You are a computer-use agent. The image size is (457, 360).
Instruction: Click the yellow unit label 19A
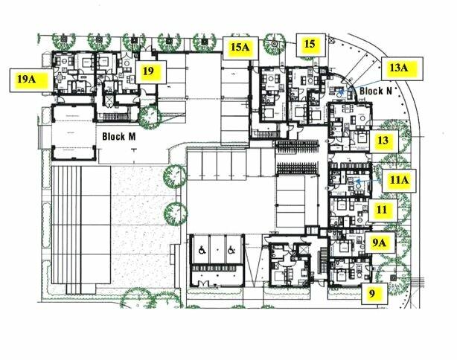point(28,80)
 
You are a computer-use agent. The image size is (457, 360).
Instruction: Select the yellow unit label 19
point(151,72)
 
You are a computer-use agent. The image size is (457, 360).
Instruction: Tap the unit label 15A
point(240,48)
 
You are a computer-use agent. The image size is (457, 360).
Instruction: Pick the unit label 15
point(311,45)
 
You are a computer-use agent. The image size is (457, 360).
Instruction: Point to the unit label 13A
point(401,68)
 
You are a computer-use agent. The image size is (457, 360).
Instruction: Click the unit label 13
point(384,141)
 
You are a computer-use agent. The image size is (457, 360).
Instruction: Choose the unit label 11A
point(399,181)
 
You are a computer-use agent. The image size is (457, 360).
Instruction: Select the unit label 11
point(383,210)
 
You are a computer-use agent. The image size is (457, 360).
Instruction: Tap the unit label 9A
point(380,242)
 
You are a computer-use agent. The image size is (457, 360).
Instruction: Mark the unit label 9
point(374,294)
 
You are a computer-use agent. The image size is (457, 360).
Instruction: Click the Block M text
point(119,137)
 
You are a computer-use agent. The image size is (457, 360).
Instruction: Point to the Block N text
point(376,91)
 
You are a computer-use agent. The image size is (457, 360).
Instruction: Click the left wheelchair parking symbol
point(202,250)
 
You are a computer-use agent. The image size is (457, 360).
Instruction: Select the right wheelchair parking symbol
point(231,250)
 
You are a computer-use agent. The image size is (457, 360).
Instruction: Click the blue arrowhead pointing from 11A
point(357,181)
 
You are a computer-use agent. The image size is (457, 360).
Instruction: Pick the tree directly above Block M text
point(150,117)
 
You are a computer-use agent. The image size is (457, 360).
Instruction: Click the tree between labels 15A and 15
point(275,44)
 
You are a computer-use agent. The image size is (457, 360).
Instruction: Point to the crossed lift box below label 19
point(109,101)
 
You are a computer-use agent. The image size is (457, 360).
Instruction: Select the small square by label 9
point(393,278)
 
